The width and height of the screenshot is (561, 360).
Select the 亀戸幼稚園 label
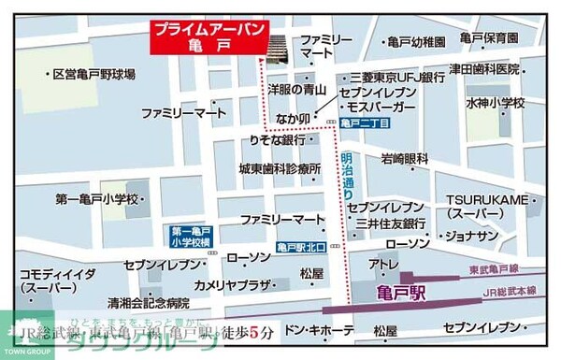tap(416, 42)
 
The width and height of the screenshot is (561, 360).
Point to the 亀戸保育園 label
tap(489, 38)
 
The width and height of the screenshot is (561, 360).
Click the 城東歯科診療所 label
tap(279, 169)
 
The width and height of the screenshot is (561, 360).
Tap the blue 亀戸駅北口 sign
tap(300, 248)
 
